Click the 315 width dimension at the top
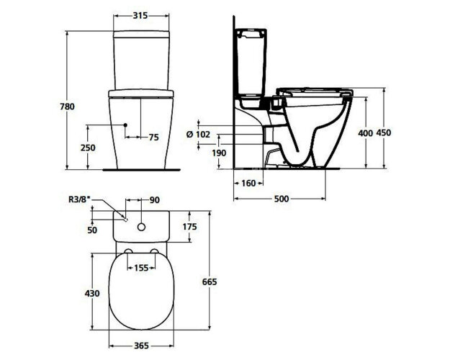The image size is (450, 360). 141,14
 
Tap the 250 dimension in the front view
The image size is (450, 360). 89,147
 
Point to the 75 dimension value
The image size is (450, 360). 153,137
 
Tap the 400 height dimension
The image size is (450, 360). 366,134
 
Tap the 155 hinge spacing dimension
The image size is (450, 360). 141,267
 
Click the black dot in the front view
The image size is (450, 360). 125,125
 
